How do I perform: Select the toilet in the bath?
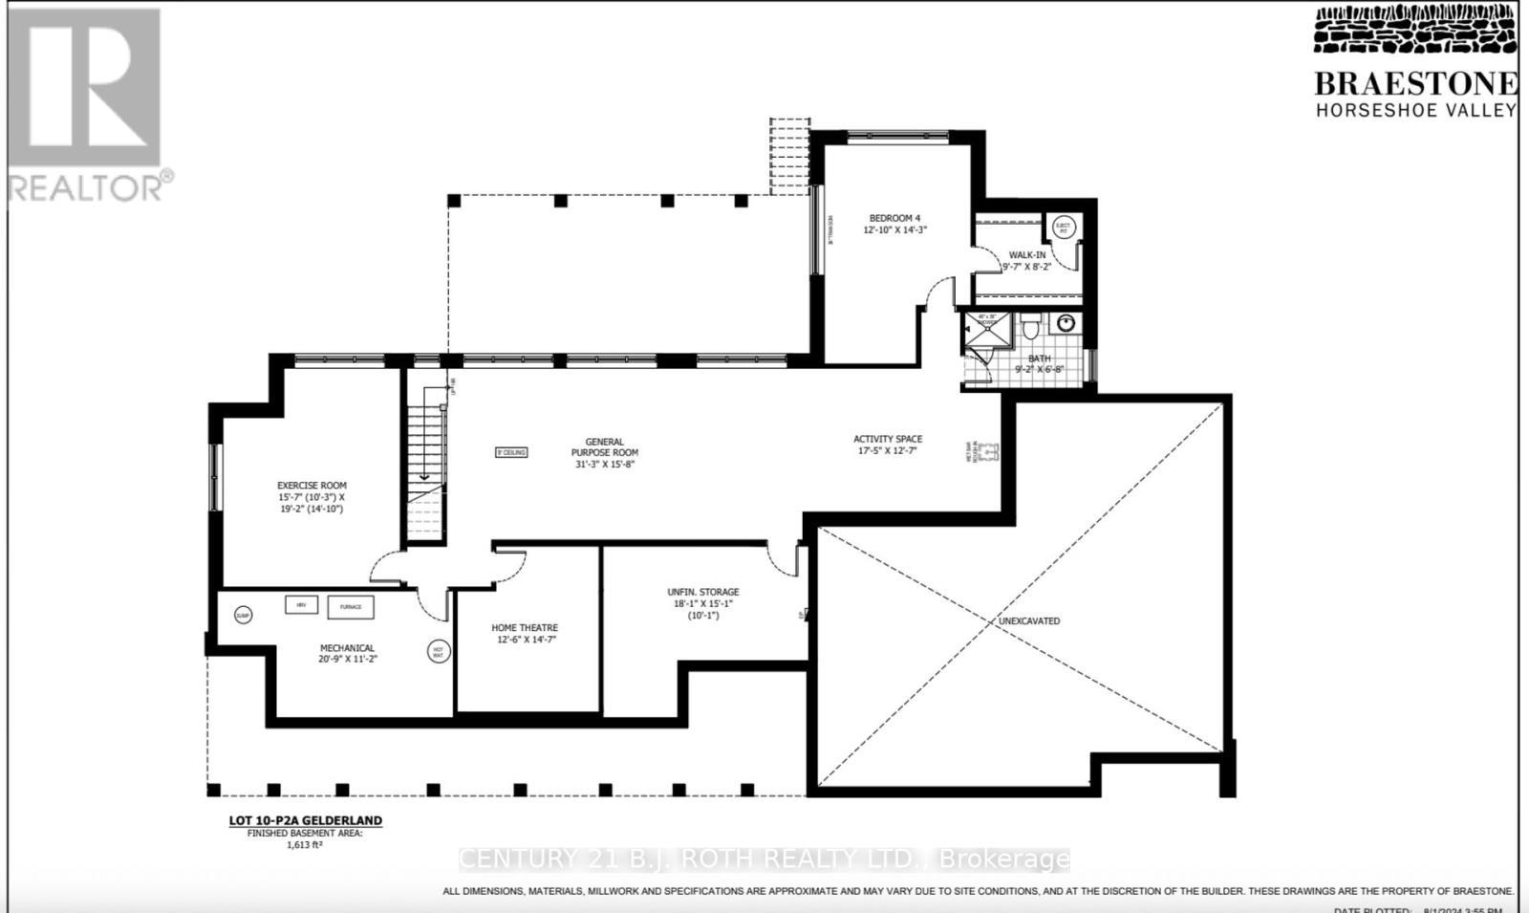point(1030,328)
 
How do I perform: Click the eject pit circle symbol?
point(1063,228)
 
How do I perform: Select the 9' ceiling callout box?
point(511,452)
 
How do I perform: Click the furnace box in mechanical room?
point(351,607)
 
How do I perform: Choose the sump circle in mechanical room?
point(243,616)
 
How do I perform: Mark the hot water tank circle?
point(438,652)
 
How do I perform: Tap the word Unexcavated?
point(1029,621)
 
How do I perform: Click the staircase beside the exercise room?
point(426,468)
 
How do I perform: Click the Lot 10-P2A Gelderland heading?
point(305,820)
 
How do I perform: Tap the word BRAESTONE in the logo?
point(1415,84)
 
